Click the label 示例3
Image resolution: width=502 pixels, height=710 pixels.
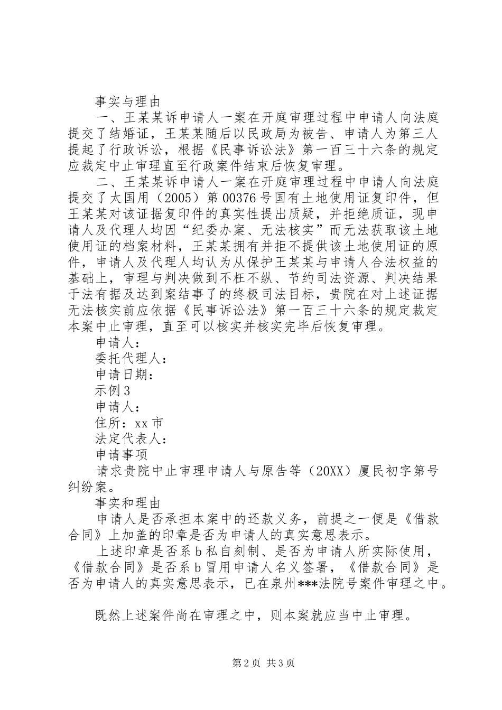click(x=113, y=391)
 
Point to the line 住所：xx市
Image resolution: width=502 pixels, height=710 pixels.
click(x=129, y=423)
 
